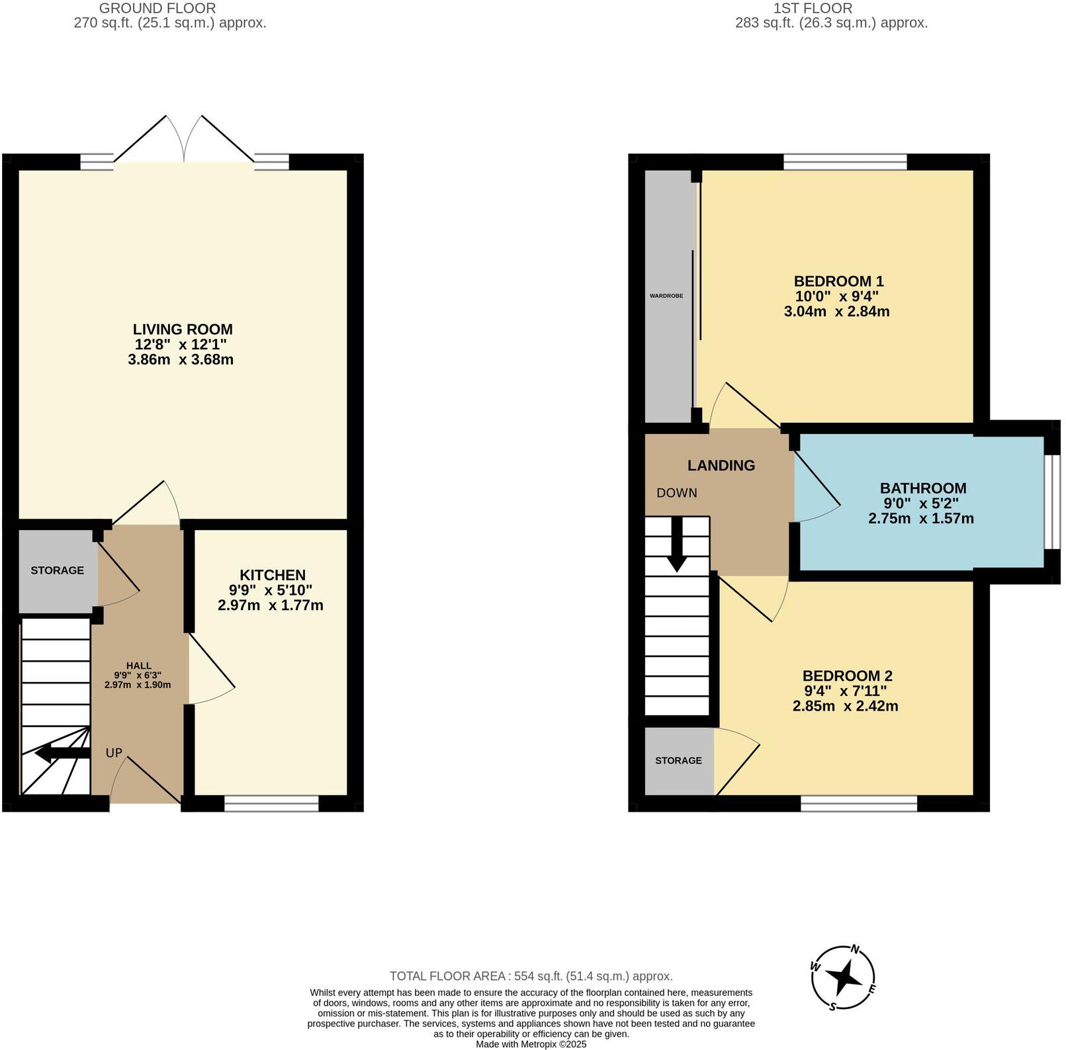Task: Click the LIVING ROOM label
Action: coord(183,329)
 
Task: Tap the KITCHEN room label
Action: coord(273,576)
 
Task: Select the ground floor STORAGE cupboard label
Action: coord(58,570)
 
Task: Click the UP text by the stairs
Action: coord(114,753)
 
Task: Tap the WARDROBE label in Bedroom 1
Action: coord(666,296)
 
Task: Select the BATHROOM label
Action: coord(922,488)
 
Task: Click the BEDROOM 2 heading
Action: coord(847,676)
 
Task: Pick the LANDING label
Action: coord(721,465)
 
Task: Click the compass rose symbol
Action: coord(844,978)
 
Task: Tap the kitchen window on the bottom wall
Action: coord(271,804)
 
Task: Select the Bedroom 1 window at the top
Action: coord(845,161)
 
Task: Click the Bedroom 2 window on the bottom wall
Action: coord(858,804)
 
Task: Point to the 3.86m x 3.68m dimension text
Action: coord(181,360)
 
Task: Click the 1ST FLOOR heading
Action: coord(813,9)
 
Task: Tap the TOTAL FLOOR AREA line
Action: coord(531,976)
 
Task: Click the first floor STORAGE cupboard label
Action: coord(678,761)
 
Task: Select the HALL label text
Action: coord(138,666)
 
